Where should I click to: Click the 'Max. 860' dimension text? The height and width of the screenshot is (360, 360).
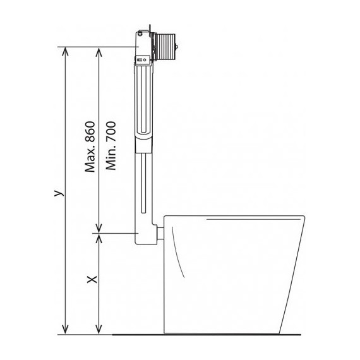(90, 147)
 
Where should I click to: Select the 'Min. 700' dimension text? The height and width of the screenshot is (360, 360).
(111, 145)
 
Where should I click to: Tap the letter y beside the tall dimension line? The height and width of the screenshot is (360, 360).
(59, 193)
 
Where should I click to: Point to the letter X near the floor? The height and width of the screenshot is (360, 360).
(92, 279)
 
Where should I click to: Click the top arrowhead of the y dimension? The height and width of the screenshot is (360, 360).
(66, 51)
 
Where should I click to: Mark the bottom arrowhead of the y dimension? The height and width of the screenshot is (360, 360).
(66, 330)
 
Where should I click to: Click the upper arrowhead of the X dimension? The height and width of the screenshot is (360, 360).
(99, 238)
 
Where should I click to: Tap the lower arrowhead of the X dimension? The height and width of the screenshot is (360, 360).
(99, 330)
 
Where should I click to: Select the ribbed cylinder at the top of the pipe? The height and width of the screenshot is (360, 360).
(165, 47)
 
